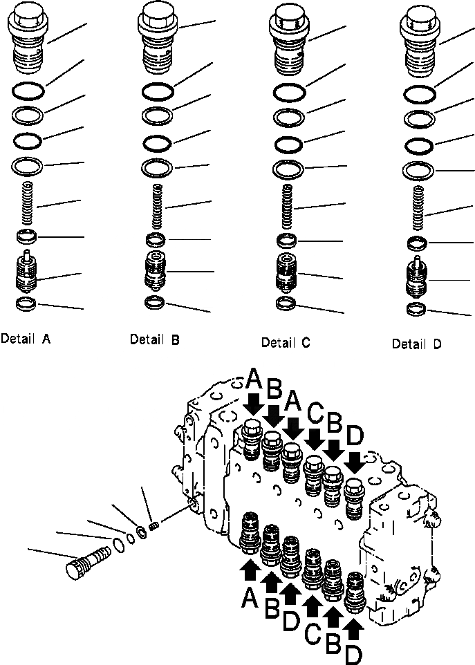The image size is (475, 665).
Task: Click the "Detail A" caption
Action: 26,339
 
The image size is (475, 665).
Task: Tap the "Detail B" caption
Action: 155,339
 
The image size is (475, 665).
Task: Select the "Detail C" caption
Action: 286,342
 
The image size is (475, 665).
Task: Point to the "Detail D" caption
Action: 416,344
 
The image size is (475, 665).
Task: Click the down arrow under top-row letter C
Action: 315,438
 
